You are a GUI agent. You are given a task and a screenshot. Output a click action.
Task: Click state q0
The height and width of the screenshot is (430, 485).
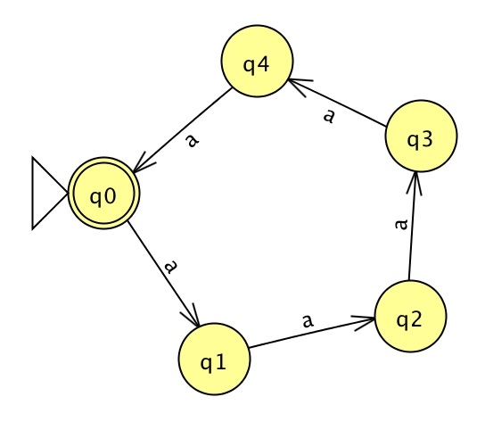[x=104, y=194]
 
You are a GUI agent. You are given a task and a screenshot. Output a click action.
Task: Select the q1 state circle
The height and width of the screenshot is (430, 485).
[x=214, y=359]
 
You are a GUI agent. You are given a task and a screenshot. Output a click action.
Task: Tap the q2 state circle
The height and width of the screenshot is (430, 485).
[x=410, y=316]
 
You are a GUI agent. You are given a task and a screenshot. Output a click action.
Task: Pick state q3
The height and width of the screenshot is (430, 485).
[x=421, y=136]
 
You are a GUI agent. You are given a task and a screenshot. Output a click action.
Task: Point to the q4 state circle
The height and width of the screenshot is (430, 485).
[x=257, y=61]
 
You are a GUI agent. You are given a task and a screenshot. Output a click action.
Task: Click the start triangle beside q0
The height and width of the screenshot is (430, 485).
[x=50, y=194]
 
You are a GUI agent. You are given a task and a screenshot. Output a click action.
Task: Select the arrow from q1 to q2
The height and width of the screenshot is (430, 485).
[x=312, y=332]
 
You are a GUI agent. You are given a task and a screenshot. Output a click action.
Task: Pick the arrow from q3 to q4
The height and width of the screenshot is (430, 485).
[x=337, y=103]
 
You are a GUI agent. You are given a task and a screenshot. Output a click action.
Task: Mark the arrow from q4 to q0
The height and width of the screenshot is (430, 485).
[x=183, y=130]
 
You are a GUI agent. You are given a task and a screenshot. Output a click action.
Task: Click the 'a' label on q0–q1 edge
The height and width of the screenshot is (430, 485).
[x=171, y=267]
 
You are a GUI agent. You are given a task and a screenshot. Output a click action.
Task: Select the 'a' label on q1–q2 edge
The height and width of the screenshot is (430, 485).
[x=308, y=320]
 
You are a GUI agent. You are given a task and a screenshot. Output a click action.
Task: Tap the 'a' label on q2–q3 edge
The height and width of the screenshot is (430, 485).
[x=401, y=224]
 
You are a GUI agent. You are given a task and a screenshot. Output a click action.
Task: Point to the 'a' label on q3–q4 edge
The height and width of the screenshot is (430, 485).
[x=329, y=116]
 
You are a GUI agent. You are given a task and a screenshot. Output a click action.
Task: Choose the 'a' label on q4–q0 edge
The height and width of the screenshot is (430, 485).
[x=193, y=141]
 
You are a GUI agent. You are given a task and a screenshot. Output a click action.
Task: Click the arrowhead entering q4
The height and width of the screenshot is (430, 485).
[x=298, y=86]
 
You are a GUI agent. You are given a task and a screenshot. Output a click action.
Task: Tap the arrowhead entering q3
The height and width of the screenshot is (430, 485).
[x=415, y=182]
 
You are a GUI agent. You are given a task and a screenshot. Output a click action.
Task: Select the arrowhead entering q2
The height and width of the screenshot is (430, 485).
[x=365, y=321]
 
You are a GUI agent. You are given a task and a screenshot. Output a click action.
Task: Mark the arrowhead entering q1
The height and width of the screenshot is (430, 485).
[x=193, y=317]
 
